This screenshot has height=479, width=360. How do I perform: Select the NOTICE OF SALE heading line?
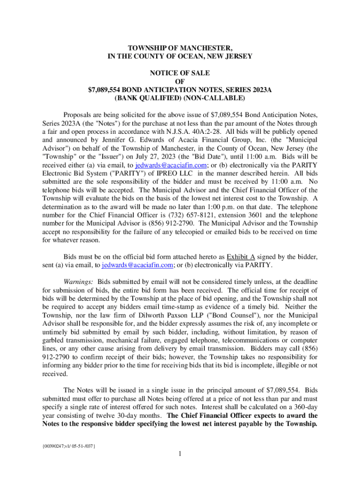[180, 73]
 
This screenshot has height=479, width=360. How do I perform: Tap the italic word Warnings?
[79, 282]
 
